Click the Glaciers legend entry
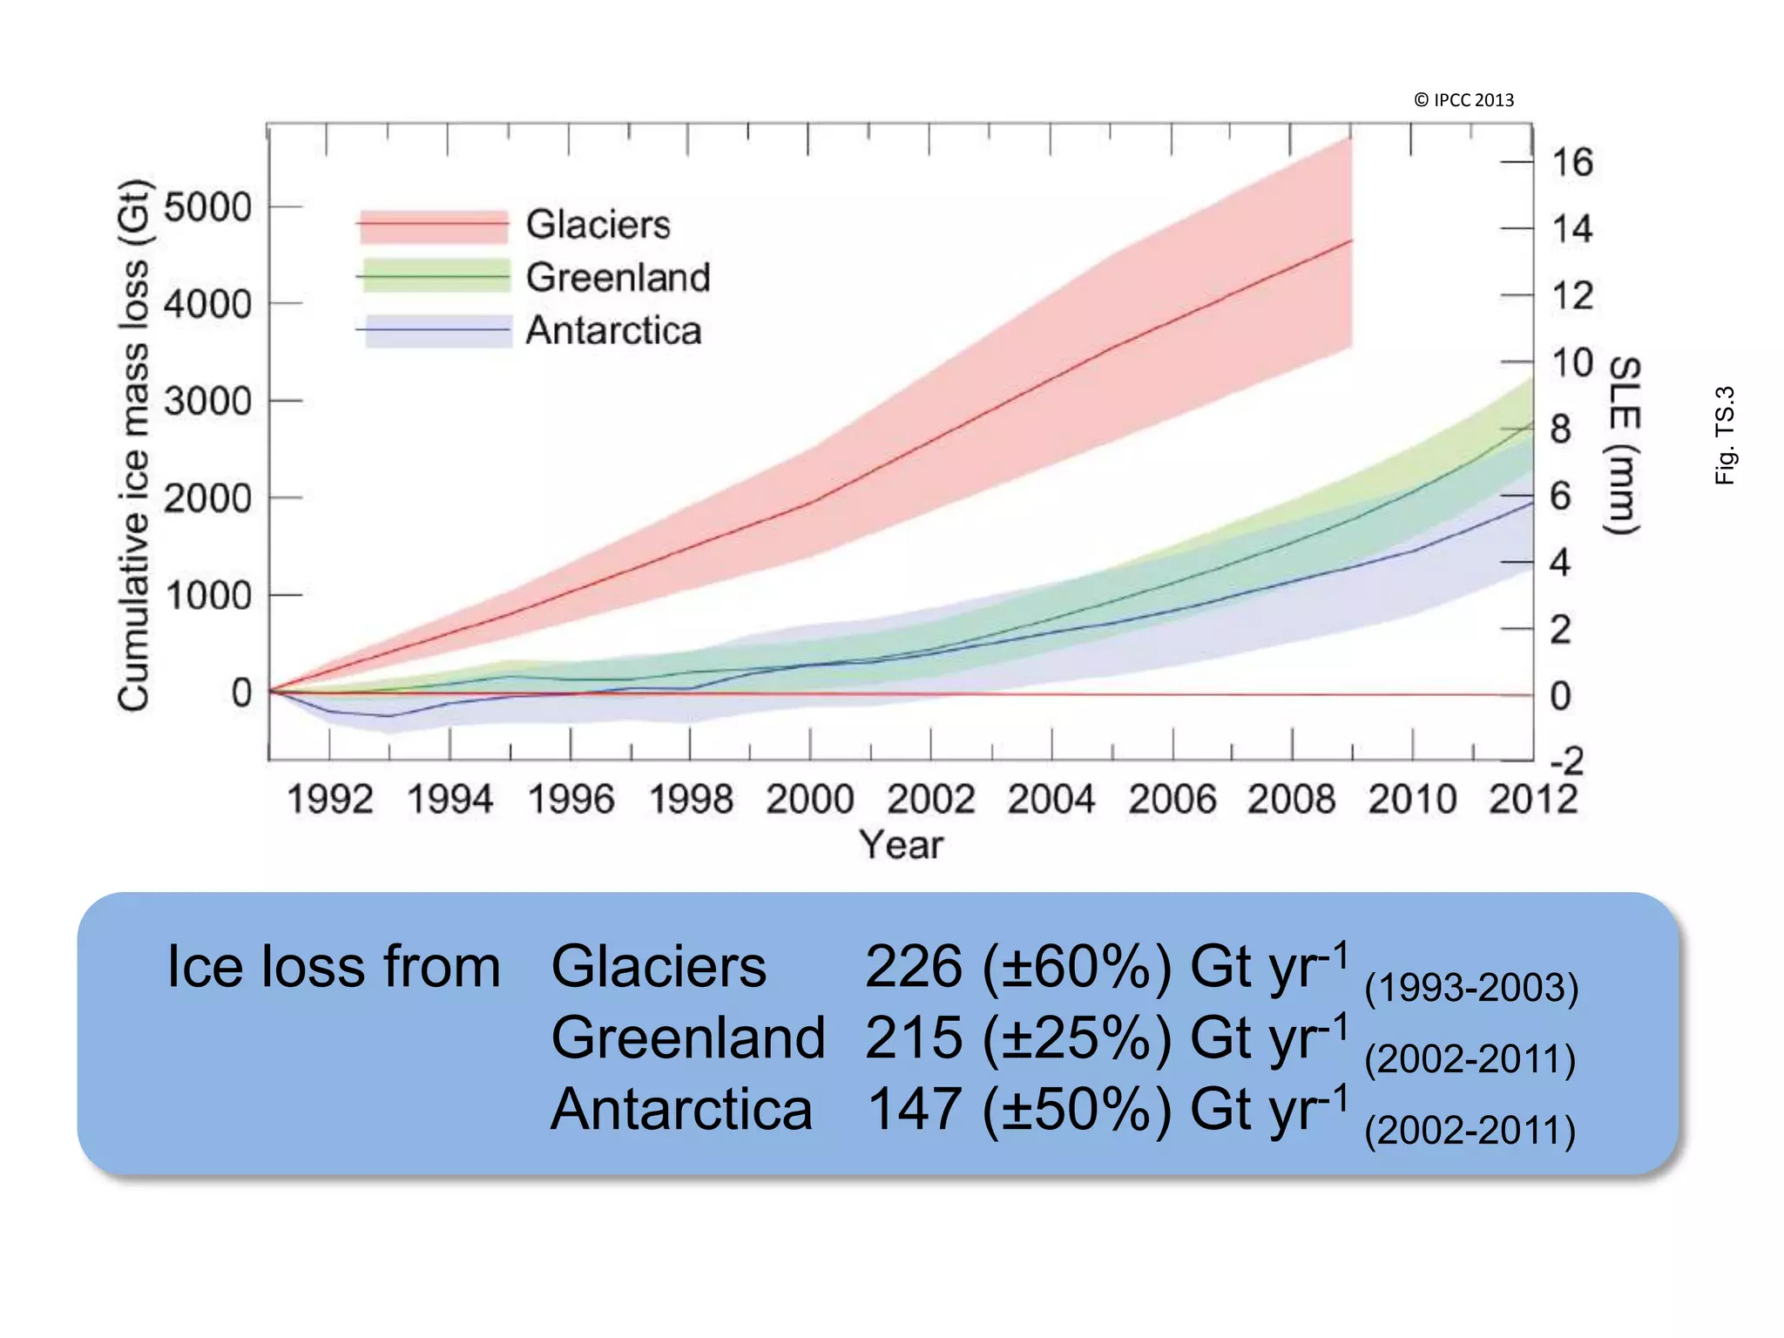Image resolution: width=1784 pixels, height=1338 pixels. [598, 225]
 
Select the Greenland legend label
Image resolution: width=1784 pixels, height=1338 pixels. [618, 278]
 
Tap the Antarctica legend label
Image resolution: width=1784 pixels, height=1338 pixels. [613, 331]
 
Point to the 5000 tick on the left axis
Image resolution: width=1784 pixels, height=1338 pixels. [207, 208]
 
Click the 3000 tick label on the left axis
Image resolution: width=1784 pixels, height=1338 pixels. [207, 402]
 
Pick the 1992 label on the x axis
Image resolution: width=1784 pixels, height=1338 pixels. [330, 799]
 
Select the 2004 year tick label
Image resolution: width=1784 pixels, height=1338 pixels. [1051, 799]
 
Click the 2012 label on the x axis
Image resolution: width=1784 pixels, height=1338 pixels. [1533, 799]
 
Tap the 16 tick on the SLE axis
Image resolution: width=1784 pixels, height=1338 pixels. [1572, 163]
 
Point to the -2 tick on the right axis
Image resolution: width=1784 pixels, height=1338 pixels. [1566, 761]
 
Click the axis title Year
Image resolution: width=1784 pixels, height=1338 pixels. [901, 845]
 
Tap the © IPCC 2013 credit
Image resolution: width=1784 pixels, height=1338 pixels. [1463, 100]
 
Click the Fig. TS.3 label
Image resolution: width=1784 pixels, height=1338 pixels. [1725, 435]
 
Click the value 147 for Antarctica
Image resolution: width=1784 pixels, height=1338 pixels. [915, 1110]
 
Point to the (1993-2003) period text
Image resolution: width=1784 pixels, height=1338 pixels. [1470, 988]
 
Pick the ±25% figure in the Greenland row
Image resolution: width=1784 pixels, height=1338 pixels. [1077, 1038]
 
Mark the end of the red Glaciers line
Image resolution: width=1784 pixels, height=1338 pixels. [1351, 240]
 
